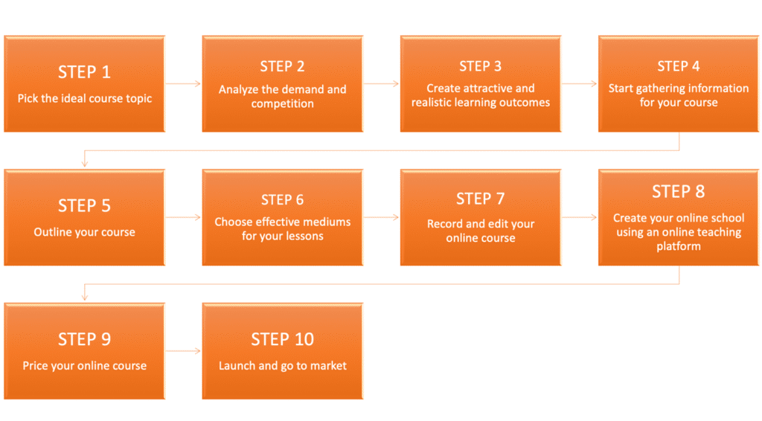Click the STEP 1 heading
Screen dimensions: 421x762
coord(84,72)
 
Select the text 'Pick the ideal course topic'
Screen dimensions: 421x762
coord(84,98)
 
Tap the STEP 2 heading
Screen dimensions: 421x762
coord(282,66)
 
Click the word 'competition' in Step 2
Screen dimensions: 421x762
coord(282,103)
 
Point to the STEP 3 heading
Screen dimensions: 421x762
coord(480,66)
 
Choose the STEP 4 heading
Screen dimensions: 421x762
coord(678,66)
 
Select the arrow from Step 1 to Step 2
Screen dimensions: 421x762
coord(183,83)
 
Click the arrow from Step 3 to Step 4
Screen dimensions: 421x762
coord(580,83)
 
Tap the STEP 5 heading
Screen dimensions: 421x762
coord(84,205)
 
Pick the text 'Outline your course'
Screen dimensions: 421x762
coord(84,232)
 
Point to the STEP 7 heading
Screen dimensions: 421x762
coord(480,199)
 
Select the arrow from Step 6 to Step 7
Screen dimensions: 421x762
coord(381,217)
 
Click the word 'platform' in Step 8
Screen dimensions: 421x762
coord(678,246)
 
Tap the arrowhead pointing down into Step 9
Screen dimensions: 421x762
coord(84,297)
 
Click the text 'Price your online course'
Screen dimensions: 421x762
coord(84,365)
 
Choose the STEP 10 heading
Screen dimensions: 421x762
coord(282,339)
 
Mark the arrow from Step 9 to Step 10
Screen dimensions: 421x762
coord(183,350)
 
